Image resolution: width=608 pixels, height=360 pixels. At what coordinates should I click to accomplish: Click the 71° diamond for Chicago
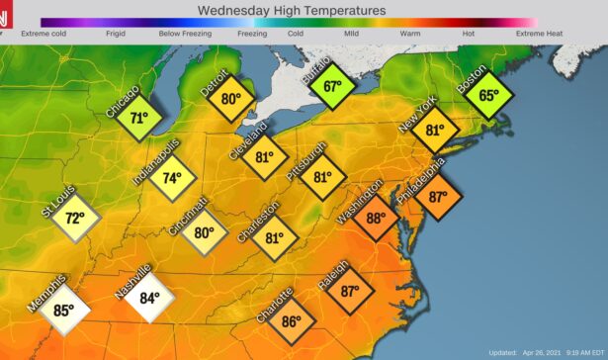[x=139, y=118]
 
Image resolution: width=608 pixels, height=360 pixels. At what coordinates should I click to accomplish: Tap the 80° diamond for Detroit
[x=231, y=99]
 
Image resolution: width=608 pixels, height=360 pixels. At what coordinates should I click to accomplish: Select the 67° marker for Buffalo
[x=332, y=87]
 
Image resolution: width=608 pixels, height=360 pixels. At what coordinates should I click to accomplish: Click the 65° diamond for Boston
[x=489, y=96]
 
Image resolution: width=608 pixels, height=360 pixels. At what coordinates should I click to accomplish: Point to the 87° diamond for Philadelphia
[x=438, y=196]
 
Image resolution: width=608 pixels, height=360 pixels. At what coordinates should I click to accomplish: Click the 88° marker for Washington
[x=376, y=219]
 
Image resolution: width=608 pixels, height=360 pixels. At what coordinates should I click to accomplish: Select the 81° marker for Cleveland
[x=264, y=157]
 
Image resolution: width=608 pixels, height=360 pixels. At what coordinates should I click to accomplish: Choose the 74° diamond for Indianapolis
[x=172, y=178]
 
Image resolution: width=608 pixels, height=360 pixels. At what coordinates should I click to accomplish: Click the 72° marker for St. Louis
[x=72, y=218]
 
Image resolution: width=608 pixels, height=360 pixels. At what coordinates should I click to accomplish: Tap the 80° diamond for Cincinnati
[x=204, y=234]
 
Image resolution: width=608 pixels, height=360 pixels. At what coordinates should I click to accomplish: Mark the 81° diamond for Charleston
[x=274, y=237]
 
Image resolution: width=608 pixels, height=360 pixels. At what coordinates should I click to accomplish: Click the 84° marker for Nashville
[x=148, y=298]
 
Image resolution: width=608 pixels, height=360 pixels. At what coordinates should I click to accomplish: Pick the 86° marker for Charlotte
[x=291, y=321]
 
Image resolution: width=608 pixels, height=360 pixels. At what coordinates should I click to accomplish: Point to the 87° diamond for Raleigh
[x=350, y=291]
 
